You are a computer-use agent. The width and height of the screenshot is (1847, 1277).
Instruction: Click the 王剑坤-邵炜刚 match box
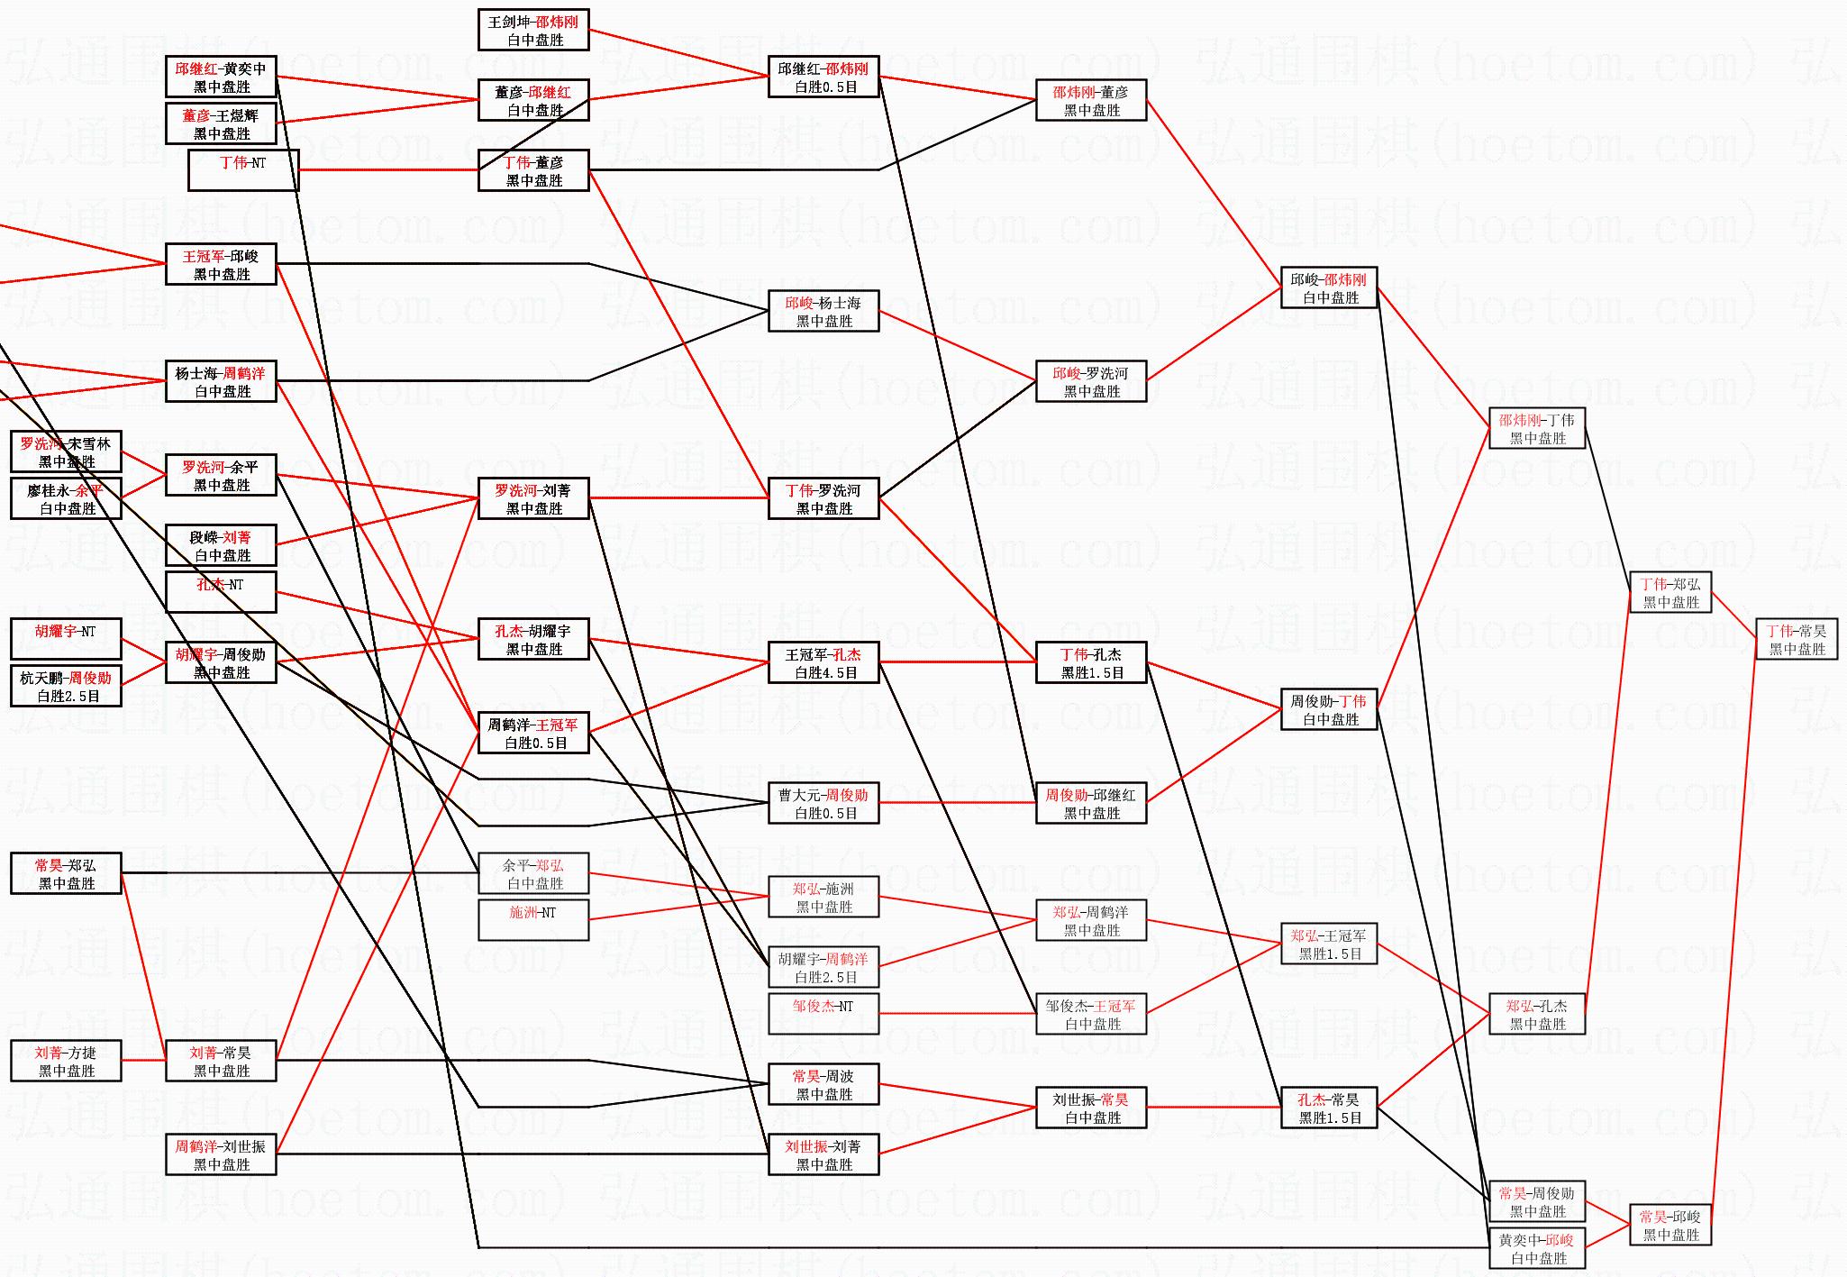pos(533,30)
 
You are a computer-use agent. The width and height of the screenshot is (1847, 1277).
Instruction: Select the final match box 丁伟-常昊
pos(1796,639)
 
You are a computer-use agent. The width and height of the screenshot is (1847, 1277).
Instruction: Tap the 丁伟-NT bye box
pos(242,170)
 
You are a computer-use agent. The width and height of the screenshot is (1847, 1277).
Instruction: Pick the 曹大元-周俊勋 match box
pos(823,803)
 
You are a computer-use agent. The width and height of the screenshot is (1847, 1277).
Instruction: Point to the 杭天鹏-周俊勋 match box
pos(66,686)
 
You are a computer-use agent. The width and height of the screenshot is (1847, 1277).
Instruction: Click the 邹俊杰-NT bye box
pos(823,1014)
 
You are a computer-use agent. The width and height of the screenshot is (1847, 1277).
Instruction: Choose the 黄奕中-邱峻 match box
pos(1536,1248)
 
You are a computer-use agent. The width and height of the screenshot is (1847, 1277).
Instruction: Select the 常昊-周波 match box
pos(823,1084)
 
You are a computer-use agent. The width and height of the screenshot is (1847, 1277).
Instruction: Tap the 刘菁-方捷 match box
pos(66,1061)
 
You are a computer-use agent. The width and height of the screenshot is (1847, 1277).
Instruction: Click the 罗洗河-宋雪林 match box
pos(66,452)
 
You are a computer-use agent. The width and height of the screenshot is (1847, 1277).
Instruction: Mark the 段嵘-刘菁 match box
pos(221,545)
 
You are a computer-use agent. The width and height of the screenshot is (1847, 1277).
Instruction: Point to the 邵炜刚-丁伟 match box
pos(1536,428)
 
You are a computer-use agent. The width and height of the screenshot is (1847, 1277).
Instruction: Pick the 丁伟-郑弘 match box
pos(1670,592)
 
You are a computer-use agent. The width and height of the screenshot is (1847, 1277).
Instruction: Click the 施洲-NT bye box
pos(533,920)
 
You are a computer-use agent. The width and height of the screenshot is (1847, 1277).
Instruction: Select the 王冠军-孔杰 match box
pos(823,662)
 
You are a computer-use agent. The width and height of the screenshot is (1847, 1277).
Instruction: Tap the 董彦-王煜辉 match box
pos(221,123)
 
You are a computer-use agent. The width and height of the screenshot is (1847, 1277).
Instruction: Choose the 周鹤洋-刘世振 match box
pos(221,1154)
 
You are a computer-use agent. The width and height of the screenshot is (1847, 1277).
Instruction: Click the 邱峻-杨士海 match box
pos(823,311)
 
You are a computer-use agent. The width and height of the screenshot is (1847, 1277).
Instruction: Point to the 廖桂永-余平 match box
pos(66,498)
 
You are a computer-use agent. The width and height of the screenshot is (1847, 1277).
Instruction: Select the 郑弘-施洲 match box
pos(823,897)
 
